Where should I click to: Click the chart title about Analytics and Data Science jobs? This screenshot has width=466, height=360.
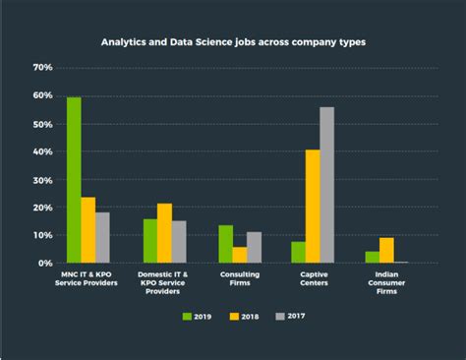click(233, 43)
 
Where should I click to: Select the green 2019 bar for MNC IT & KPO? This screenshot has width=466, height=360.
click(74, 180)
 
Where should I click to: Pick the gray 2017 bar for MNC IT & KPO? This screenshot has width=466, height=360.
click(102, 237)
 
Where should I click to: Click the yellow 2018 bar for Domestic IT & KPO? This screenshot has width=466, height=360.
click(164, 233)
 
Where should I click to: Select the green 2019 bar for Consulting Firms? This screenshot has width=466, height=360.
click(225, 244)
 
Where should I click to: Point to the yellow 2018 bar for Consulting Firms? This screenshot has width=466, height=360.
click(240, 255)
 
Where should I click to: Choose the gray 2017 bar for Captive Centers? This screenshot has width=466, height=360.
click(326, 185)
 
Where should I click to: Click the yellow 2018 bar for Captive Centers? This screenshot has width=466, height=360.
click(313, 207)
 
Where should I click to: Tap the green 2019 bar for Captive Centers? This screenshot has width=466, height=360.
click(298, 252)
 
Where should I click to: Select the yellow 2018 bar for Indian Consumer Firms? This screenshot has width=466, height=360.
click(386, 250)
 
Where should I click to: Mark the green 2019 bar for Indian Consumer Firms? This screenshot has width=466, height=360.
click(372, 257)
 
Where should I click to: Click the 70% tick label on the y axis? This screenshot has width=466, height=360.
click(42, 68)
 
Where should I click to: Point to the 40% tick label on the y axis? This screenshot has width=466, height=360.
click(42, 152)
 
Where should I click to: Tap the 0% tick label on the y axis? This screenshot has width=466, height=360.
click(45, 264)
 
